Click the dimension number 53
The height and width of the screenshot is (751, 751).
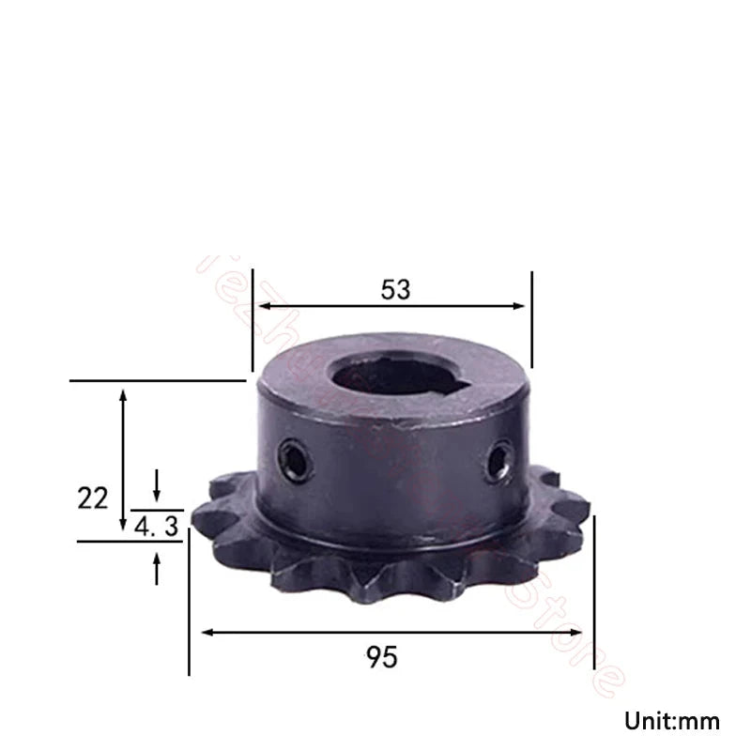[x=395, y=290]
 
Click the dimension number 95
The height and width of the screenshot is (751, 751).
[x=383, y=657]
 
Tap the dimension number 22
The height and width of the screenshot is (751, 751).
[x=93, y=498]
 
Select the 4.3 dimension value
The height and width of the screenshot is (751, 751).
[x=157, y=528]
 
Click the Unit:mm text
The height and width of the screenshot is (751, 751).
[x=672, y=721]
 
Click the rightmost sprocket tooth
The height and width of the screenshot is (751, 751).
[x=583, y=514]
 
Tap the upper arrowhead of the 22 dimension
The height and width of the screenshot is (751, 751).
[x=123, y=393]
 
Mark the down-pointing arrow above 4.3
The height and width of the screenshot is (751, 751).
[x=157, y=489]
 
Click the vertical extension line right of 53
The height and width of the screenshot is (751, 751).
[x=531, y=319]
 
